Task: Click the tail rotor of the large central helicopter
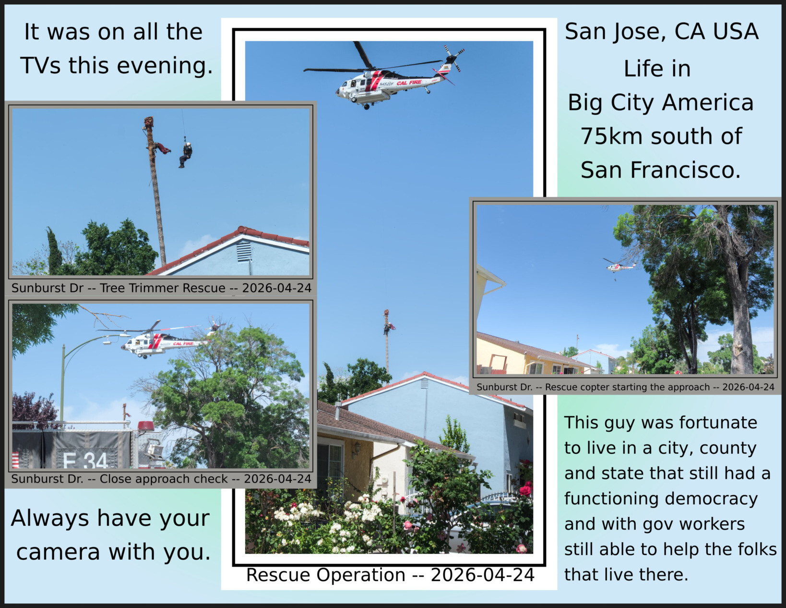[453, 58]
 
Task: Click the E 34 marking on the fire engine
[85, 461]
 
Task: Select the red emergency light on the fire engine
[146, 426]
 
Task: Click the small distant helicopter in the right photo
[619, 267]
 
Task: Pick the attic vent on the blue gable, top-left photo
[244, 251]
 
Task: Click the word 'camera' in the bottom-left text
[58, 552]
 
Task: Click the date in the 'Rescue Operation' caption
[483, 575]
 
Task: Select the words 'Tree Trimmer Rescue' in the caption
[162, 288]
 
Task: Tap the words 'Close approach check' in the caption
[164, 479]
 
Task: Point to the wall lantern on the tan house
[357, 448]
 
